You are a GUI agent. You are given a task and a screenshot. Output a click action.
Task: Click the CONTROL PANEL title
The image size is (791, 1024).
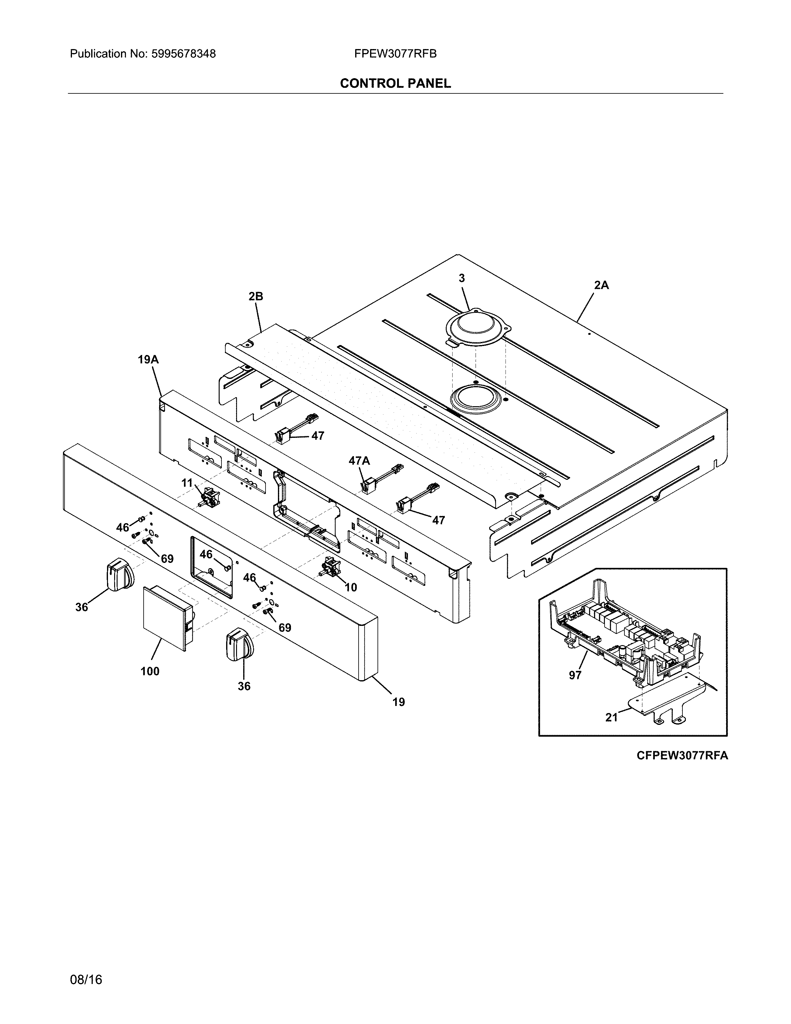click(x=395, y=83)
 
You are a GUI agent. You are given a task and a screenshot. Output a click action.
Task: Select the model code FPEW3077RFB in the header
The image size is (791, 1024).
click(x=395, y=54)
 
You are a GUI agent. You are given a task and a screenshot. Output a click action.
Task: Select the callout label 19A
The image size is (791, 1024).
click(x=148, y=360)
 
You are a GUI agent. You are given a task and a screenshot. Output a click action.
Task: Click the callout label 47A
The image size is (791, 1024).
click(x=359, y=461)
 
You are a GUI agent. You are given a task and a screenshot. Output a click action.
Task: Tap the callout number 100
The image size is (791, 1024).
click(x=150, y=671)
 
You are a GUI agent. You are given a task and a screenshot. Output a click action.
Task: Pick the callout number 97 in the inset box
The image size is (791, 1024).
click(x=575, y=675)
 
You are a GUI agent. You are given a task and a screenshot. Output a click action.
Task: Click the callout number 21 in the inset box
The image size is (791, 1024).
click(x=611, y=717)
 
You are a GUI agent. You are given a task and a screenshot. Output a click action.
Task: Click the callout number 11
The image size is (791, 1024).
click(x=187, y=483)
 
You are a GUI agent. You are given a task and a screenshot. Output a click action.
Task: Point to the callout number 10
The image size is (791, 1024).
click(x=351, y=587)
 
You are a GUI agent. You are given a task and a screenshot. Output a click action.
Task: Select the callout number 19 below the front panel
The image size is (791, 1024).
click(x=398, y=702)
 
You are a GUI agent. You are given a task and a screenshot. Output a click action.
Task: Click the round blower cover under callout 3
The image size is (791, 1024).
click(x=476, y=328)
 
